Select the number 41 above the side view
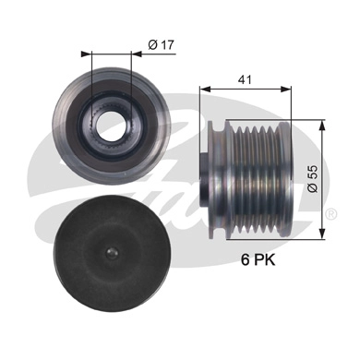(245, 81)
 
